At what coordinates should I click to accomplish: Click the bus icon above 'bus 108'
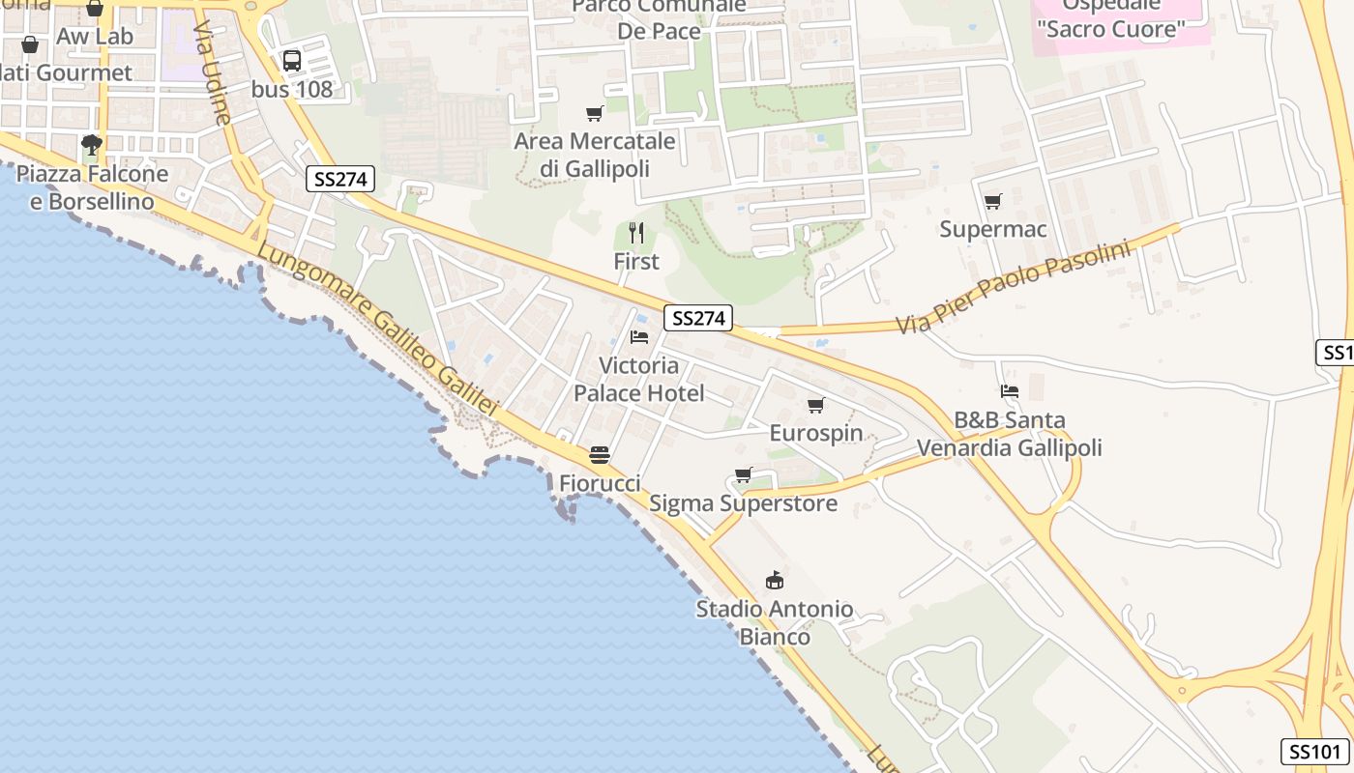292,61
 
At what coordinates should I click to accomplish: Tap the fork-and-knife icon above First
636,233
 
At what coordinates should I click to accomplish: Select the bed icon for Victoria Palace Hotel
639,336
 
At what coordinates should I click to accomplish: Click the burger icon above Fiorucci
600,454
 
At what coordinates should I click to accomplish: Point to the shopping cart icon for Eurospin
816,405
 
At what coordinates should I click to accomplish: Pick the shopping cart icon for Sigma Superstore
743,474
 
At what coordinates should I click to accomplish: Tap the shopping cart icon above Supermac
992,201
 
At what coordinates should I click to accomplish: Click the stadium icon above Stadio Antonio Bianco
775,580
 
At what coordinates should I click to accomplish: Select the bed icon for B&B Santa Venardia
1010,391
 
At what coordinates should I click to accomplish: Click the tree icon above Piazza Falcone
92,146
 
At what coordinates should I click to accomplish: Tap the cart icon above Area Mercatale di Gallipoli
595,113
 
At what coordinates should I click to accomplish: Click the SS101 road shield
1316,752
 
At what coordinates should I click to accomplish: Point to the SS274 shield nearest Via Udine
340,179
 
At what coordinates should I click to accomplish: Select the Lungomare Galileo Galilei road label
377,329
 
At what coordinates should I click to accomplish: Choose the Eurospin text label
816,432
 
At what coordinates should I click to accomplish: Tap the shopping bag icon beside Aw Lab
30,44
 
